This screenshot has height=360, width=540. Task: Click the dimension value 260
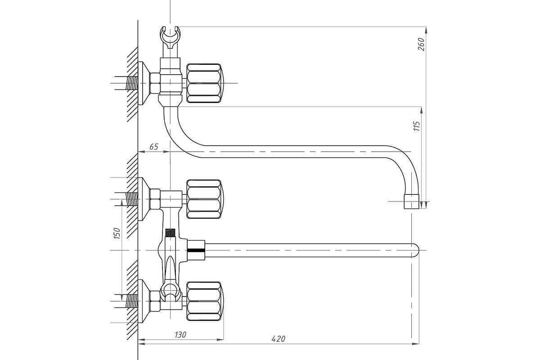click(421, 44)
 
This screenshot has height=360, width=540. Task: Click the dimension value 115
click(416, 126)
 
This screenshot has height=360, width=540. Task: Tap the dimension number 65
click(154, 147)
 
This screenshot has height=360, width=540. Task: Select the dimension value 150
click(117, 233)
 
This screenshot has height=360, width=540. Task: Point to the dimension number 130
click(180, 335)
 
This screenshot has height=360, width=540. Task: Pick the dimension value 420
click(278, 339)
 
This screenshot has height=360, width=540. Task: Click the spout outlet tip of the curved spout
click(411, 202)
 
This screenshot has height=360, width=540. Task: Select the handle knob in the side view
click(204, 83)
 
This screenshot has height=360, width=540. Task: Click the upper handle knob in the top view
click(204, 199)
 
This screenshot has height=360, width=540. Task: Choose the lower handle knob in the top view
click(204, 301)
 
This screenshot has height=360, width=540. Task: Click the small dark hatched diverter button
click(170, 233)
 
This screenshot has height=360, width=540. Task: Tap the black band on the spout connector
click(196, 250)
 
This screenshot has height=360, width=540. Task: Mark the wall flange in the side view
click(144, 83)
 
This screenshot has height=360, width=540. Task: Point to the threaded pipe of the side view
click(131, 83)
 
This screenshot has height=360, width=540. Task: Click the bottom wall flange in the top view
click(144, 301)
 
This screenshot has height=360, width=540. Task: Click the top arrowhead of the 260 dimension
click(426, 30)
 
